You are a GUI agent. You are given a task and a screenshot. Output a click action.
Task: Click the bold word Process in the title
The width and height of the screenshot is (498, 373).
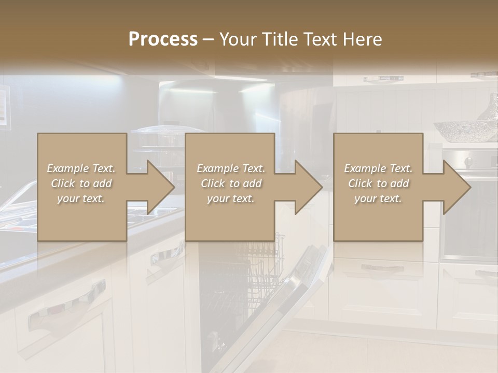click(163, 39)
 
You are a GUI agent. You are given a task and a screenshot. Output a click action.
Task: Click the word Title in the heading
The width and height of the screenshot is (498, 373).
click(280, 39)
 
